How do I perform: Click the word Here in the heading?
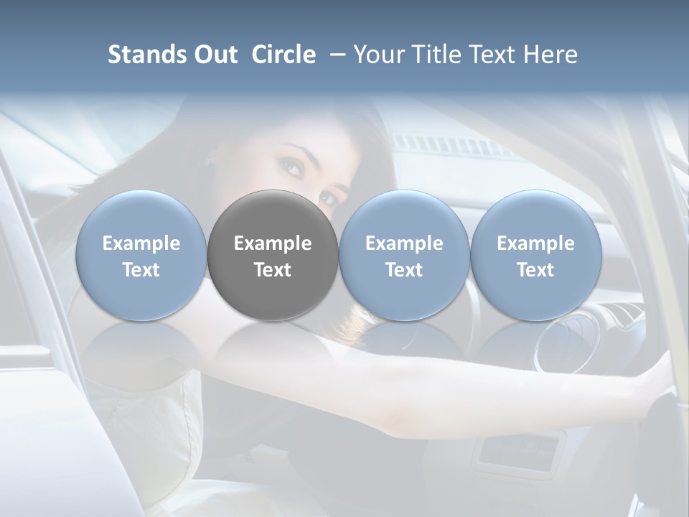550,55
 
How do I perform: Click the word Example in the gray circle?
273,243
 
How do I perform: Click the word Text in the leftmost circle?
141,270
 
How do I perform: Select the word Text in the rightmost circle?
535,270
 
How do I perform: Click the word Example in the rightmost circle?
535,243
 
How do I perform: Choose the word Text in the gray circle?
273,270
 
